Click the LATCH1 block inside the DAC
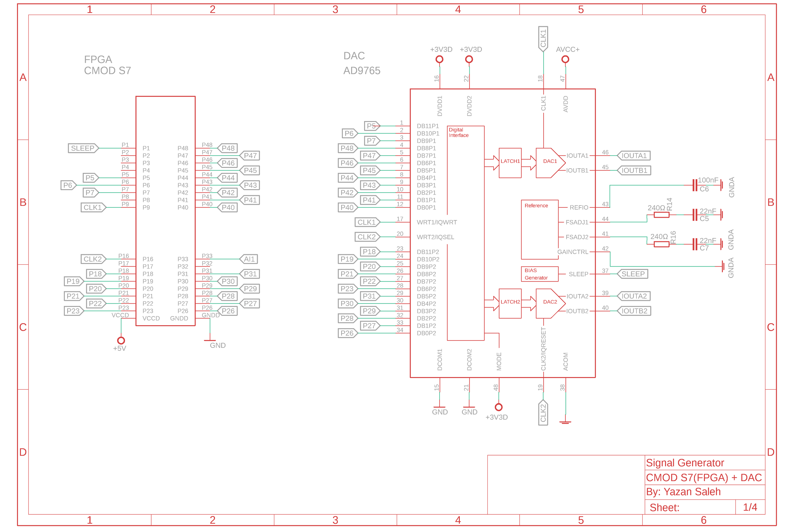(x=510, y=163)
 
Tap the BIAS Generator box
(x=539, y=274)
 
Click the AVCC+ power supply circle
(x=565, y=60)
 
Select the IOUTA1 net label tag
(x=633, y=156)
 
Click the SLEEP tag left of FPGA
(x=83, y=148)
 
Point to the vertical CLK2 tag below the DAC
(x=543, y=413)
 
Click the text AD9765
(x=362, y=70)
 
